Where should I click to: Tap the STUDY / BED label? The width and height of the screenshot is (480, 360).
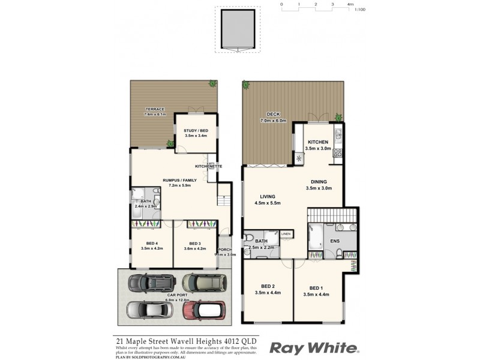(x=196, y=130)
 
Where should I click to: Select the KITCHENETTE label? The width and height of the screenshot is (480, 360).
(x=209, y=166)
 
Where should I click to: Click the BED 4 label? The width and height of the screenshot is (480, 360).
(x=146, y=243)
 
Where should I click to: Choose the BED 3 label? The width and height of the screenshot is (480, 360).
(x=194, y=243)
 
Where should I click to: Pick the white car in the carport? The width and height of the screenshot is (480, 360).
(x=146, y=310)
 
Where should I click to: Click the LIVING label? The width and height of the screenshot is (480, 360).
(x=267, y=196)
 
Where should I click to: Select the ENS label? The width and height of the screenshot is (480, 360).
(x=334, y=241)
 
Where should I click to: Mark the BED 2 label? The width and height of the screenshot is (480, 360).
(x=267, y=286)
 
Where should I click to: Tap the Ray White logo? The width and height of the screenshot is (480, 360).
(x=314, y=348)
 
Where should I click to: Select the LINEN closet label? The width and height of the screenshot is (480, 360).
(x=286, y=233)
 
